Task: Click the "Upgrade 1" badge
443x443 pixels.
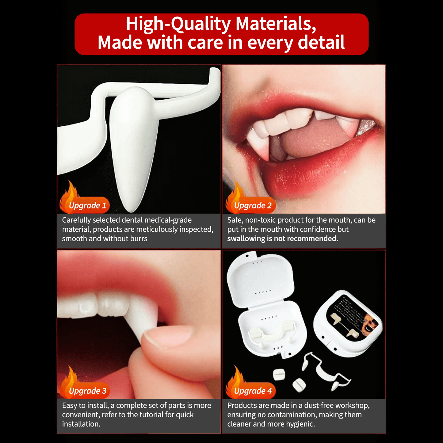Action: (87, 205)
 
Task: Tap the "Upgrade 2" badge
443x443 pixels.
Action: (253, 205)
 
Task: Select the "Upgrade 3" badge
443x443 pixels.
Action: (87, 391)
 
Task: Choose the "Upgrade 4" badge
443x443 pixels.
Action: (253, 391)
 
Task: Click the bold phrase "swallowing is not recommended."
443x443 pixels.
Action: (283, 239)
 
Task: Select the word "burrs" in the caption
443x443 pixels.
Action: (139, 239)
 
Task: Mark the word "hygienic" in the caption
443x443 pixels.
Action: (300, 424)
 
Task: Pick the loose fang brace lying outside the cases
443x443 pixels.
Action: (325, 372)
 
